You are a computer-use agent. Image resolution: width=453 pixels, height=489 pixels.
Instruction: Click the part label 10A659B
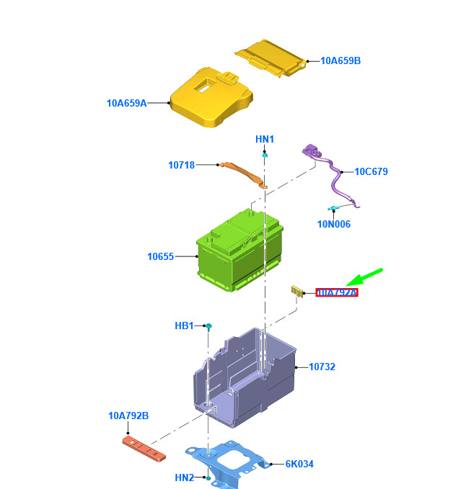tap(340, 61)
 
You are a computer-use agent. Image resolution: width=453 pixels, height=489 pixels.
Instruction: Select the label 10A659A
tap(126, 103)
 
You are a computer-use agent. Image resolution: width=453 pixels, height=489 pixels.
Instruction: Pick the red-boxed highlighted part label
tap(337, 293)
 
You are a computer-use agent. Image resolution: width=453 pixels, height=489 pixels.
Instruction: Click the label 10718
tap(181, 165)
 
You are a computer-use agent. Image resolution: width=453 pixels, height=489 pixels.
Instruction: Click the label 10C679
tap(371, 172)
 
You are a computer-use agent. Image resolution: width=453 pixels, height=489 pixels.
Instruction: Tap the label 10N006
tap(333, 224)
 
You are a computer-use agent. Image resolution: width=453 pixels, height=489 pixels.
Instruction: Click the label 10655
tap(160, 256)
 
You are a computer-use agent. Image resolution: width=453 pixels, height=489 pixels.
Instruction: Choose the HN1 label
tap(265, 139)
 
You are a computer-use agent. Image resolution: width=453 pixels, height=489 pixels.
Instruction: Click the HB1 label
tap(185, 326)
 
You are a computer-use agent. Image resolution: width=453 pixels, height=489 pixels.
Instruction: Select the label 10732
tap(322, 367)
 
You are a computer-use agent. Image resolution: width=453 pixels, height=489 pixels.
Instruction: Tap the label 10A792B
tap(128, 416)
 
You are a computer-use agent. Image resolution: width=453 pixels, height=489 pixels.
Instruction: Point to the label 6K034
tap(299, 465)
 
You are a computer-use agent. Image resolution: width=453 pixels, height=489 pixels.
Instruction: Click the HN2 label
tap(185, 477)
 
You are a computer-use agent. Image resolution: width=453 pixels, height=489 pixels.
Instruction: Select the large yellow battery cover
tap(210, 98)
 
